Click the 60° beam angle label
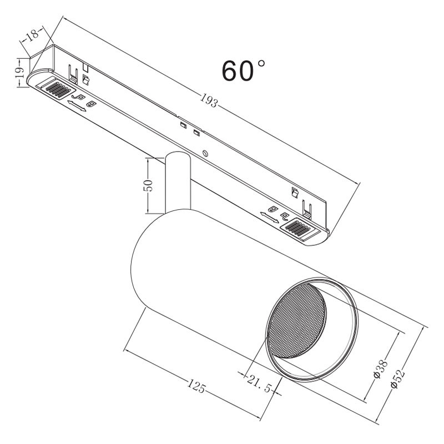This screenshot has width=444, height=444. point(244,70)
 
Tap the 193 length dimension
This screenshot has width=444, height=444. point(209,100)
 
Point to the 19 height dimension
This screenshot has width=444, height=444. point(19,73)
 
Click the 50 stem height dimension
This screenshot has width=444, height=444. point(148,185)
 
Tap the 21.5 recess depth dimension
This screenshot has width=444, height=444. point(259,384)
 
